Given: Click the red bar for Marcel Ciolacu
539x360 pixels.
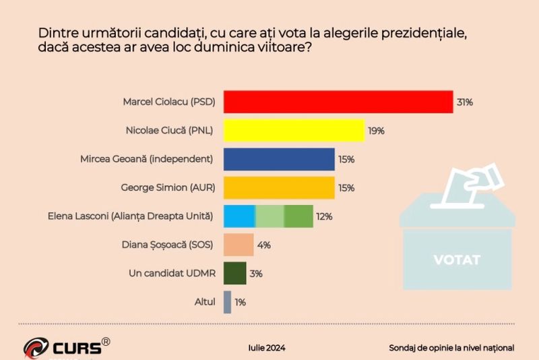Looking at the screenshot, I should coord(338,102).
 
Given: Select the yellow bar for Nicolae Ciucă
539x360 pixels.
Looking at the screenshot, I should coord(294,131).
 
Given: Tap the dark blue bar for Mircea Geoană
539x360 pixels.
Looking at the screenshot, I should coord(279,160).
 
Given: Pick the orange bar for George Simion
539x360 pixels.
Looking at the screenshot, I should coord(279,187).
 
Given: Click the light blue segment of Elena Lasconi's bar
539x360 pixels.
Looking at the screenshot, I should coord(239,216).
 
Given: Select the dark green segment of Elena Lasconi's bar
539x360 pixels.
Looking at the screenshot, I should coord(298,216).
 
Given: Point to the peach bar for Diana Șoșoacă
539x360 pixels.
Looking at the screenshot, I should coord(239,245).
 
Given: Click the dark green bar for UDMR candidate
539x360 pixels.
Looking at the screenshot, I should coord(234,274).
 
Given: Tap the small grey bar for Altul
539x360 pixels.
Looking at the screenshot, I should coord(227,302).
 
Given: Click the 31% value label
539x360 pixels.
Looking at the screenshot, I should coord(465,102).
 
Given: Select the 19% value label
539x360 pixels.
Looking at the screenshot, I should coord(376,131).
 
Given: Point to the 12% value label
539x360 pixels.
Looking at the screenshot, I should coord(324,217).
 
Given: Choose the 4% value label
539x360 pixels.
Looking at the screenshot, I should coord(263,245).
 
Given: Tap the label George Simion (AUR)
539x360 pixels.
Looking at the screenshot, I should coord(170,188).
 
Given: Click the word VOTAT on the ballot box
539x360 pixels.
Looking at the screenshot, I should coord(457,260).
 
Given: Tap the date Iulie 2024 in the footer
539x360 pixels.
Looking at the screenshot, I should coord(267,348).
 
